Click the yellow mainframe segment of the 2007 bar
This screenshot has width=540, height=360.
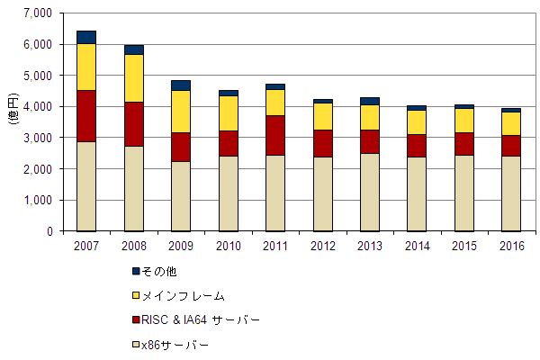tap(86, 67)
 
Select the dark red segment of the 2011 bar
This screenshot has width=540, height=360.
tap(275, 135)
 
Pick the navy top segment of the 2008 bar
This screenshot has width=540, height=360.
tap(134, 49)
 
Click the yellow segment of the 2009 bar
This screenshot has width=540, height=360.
tap(181, 111)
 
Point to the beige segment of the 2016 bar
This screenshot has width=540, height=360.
tap(510, 193)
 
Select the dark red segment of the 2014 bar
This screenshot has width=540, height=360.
tap(416, 146)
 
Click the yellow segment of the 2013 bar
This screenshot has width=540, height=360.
tap(369, 117)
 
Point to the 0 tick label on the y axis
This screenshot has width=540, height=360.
tap(49, 231)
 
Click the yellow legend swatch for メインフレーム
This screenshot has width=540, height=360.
tap(136, 294)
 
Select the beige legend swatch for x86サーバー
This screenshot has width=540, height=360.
tap(136, 344)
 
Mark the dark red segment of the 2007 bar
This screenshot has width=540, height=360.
tap(86, 115)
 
